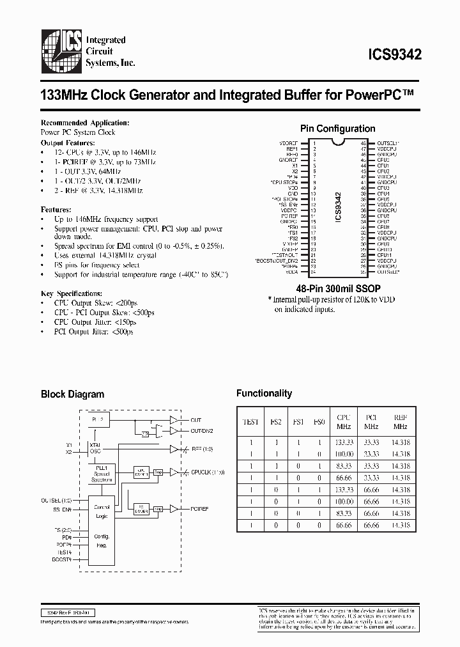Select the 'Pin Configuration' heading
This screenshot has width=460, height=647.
(x=337, y=129)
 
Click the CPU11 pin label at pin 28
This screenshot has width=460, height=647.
(x=383, y=255)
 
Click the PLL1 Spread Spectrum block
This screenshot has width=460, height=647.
(x=99, y=474)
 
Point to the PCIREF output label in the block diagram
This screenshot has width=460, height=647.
(x=201, y=509)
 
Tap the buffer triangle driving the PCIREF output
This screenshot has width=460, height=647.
(x=172, y=509)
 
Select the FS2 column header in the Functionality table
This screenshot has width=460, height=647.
(x=275, y=421)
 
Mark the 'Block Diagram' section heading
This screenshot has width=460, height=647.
(x=72, y=394)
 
